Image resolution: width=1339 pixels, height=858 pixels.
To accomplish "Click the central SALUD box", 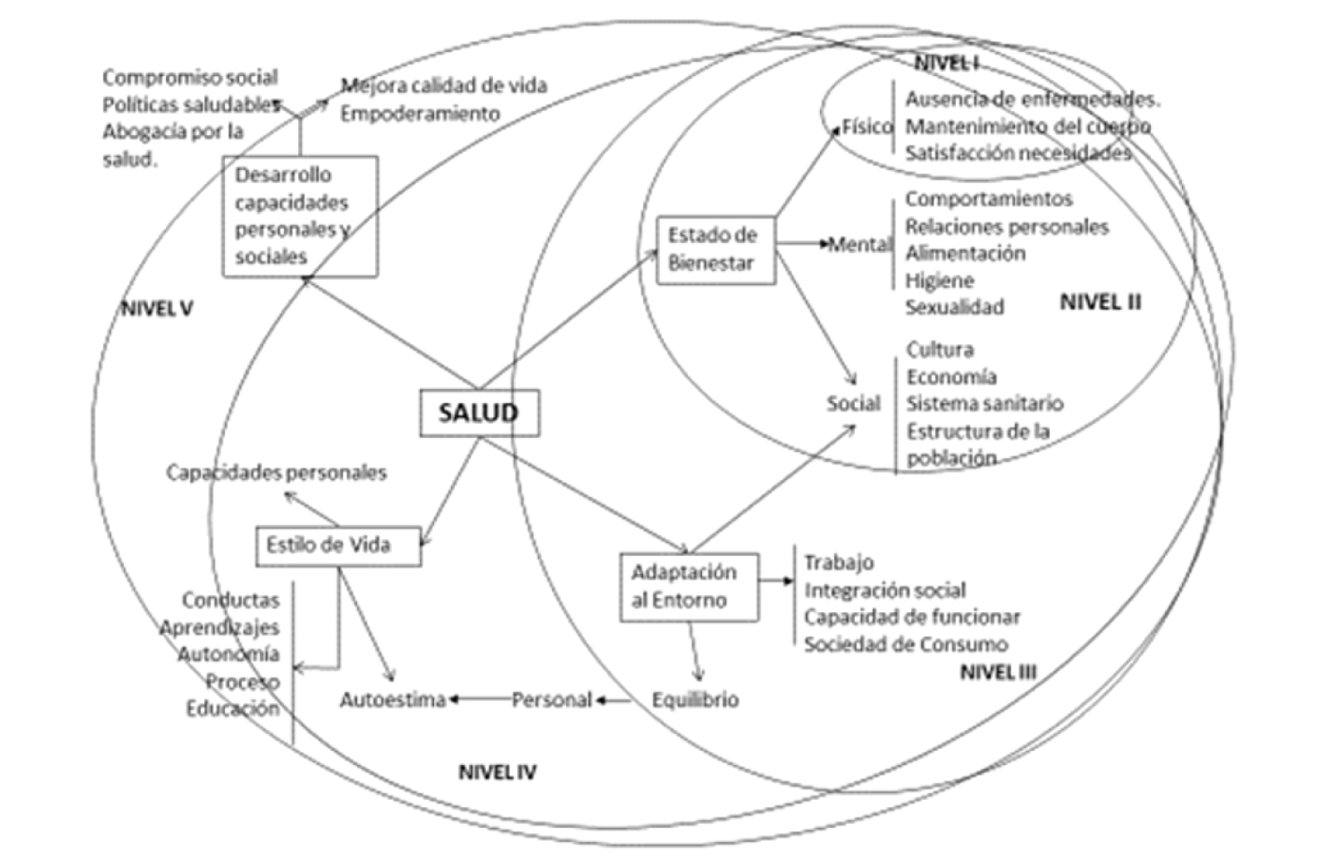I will [x=478, y=413].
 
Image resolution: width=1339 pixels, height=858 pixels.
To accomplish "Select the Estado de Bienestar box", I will [x=716, y=249].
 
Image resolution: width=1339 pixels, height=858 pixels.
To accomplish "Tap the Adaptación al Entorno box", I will [x=689, y=587].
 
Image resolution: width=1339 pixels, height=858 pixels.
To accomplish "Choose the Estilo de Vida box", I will [x=338, y=546].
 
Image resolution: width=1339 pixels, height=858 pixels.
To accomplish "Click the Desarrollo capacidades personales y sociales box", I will [x=300, y=216].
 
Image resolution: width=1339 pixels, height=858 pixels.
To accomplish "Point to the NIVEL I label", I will [x=946, y=63].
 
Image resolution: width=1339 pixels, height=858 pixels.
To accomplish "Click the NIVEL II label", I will [x=1100, y=302].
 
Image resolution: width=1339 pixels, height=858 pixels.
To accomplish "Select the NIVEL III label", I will [x=997, y=672].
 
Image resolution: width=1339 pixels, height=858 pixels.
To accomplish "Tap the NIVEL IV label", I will [x=497, y=772].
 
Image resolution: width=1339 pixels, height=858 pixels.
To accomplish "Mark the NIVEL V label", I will [x=157, y=308].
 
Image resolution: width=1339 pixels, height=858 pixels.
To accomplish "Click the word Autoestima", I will [x=393, y=699].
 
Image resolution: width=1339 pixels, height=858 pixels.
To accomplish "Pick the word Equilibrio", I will [x=695, y=699].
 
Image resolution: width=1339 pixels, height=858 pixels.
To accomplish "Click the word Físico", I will [x=867, y=126].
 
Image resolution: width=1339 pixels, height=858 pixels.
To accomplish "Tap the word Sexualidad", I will [x=954, y=308].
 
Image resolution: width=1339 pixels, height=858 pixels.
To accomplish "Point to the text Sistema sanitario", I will [x=984, y=403].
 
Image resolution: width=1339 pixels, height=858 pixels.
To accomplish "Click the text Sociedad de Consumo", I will [x=906, y=644].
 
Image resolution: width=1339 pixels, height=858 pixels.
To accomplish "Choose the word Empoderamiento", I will [x=419, y=113].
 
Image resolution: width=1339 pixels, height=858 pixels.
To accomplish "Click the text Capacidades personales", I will [x=276, y=472].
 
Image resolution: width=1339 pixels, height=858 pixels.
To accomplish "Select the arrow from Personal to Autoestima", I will [x=479, y=699].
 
